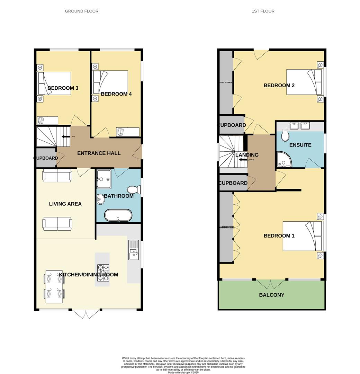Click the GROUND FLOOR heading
click(82, 11)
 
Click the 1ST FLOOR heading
click(263, 11)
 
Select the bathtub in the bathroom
click(118, 215)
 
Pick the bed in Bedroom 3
click(55, 83)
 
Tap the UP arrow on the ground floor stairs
click(66, 136)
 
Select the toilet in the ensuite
click(286, 135)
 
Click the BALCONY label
click(272, 295)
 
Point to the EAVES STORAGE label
click(226, 82)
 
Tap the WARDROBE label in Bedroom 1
click(226, 228)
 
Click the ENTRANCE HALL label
click(99, 153)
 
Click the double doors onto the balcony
click(271, 284)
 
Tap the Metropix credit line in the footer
click(183, 372)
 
